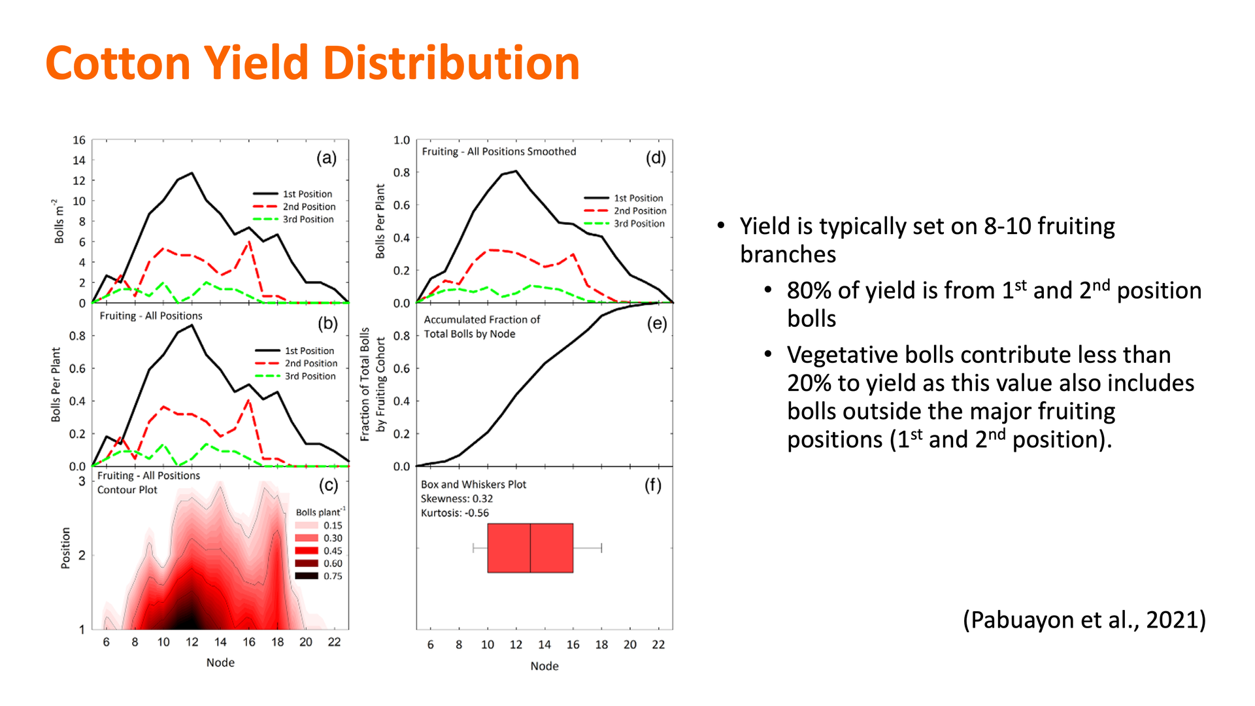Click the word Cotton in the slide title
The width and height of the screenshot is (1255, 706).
tap(118, 63)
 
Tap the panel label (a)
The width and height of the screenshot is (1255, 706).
tap(326, 158)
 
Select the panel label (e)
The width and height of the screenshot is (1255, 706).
tap(656, 324)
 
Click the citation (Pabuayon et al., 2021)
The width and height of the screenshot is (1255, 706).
tap(1084, 619)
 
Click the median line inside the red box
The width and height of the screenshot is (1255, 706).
tap(530, 548)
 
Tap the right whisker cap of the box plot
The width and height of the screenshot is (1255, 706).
tap(601, 548)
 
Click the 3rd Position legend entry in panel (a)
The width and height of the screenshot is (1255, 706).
tap(307, 220)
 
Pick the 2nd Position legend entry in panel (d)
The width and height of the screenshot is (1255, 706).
tap(639, 210)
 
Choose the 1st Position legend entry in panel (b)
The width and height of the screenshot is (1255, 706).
tap(309, 351)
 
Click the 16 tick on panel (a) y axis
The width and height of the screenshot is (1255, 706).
tap(79, 140)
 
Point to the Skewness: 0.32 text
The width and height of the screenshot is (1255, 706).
tap(456, 499)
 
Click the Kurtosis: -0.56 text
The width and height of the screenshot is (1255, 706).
tap(454, 513)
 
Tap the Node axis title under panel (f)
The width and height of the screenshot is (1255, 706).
tap(544, 666)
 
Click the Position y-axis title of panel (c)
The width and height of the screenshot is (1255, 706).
tap(65, 548)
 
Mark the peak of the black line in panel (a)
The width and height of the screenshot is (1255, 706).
tap(192, 173)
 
